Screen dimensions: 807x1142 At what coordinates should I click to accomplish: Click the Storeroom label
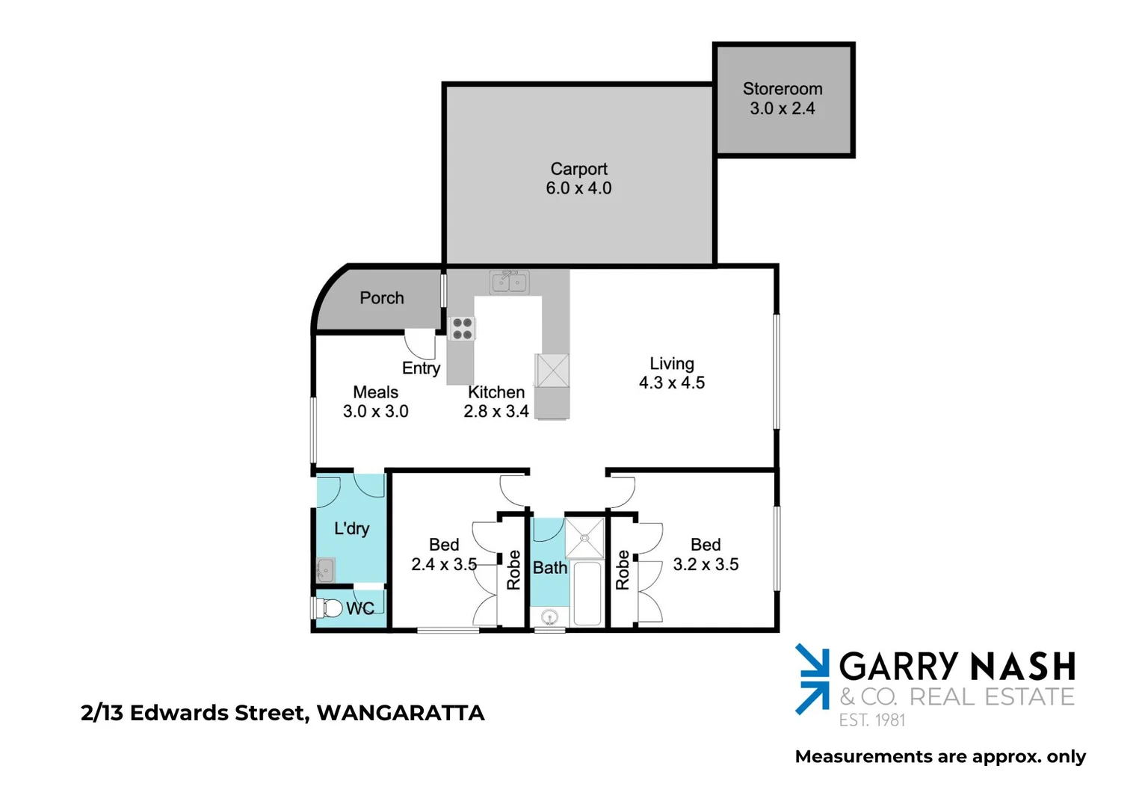pyautogui.click(x=782, y=89)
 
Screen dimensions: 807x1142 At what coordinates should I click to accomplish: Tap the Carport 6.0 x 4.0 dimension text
pyautogui.click(x=578, y=188)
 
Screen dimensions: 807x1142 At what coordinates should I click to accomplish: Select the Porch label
pyautogui.click(x=382, y=298)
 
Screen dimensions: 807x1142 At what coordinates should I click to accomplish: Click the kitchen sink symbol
pyautogui.click(x=510, y=282)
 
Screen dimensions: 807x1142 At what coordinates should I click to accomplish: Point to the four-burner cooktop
pyautogui.click(x=462, y=329)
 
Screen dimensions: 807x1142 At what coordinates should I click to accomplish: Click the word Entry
pyautogui.click(x=421, y=368)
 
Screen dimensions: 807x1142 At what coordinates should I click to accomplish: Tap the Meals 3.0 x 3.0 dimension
pyautogui.click(x=375, y=411)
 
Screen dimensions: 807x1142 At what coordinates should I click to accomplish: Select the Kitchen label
pyautogui.click(x=496, y=392)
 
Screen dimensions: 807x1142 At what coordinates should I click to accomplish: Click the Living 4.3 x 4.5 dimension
pyautogui.click(x=671, y=383)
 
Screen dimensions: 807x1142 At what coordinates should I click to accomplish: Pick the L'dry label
pyautogui.click(x=351, y=528)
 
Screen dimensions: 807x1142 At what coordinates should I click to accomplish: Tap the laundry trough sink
pyautogui.click(x=325, y=570)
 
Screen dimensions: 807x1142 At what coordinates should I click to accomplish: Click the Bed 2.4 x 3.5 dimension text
pyautogui.click(x=444, y=564)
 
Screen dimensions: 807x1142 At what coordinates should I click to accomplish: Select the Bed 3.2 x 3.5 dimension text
pyautogui.click(x=706, y=564)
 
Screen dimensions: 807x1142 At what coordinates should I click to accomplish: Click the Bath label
pyautogui.click(x=550, y=568)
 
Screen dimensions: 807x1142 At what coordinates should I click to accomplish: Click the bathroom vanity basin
pyautogui.click(x=550, y=617)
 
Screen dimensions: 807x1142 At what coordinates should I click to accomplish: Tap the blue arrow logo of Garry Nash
pyautogui.click(x=812, y=679)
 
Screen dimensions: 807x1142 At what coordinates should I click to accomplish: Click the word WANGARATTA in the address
pyautogui.click(x=401, y=713)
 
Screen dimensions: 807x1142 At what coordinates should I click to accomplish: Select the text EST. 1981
pyautogui.click(x=871, y=720)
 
